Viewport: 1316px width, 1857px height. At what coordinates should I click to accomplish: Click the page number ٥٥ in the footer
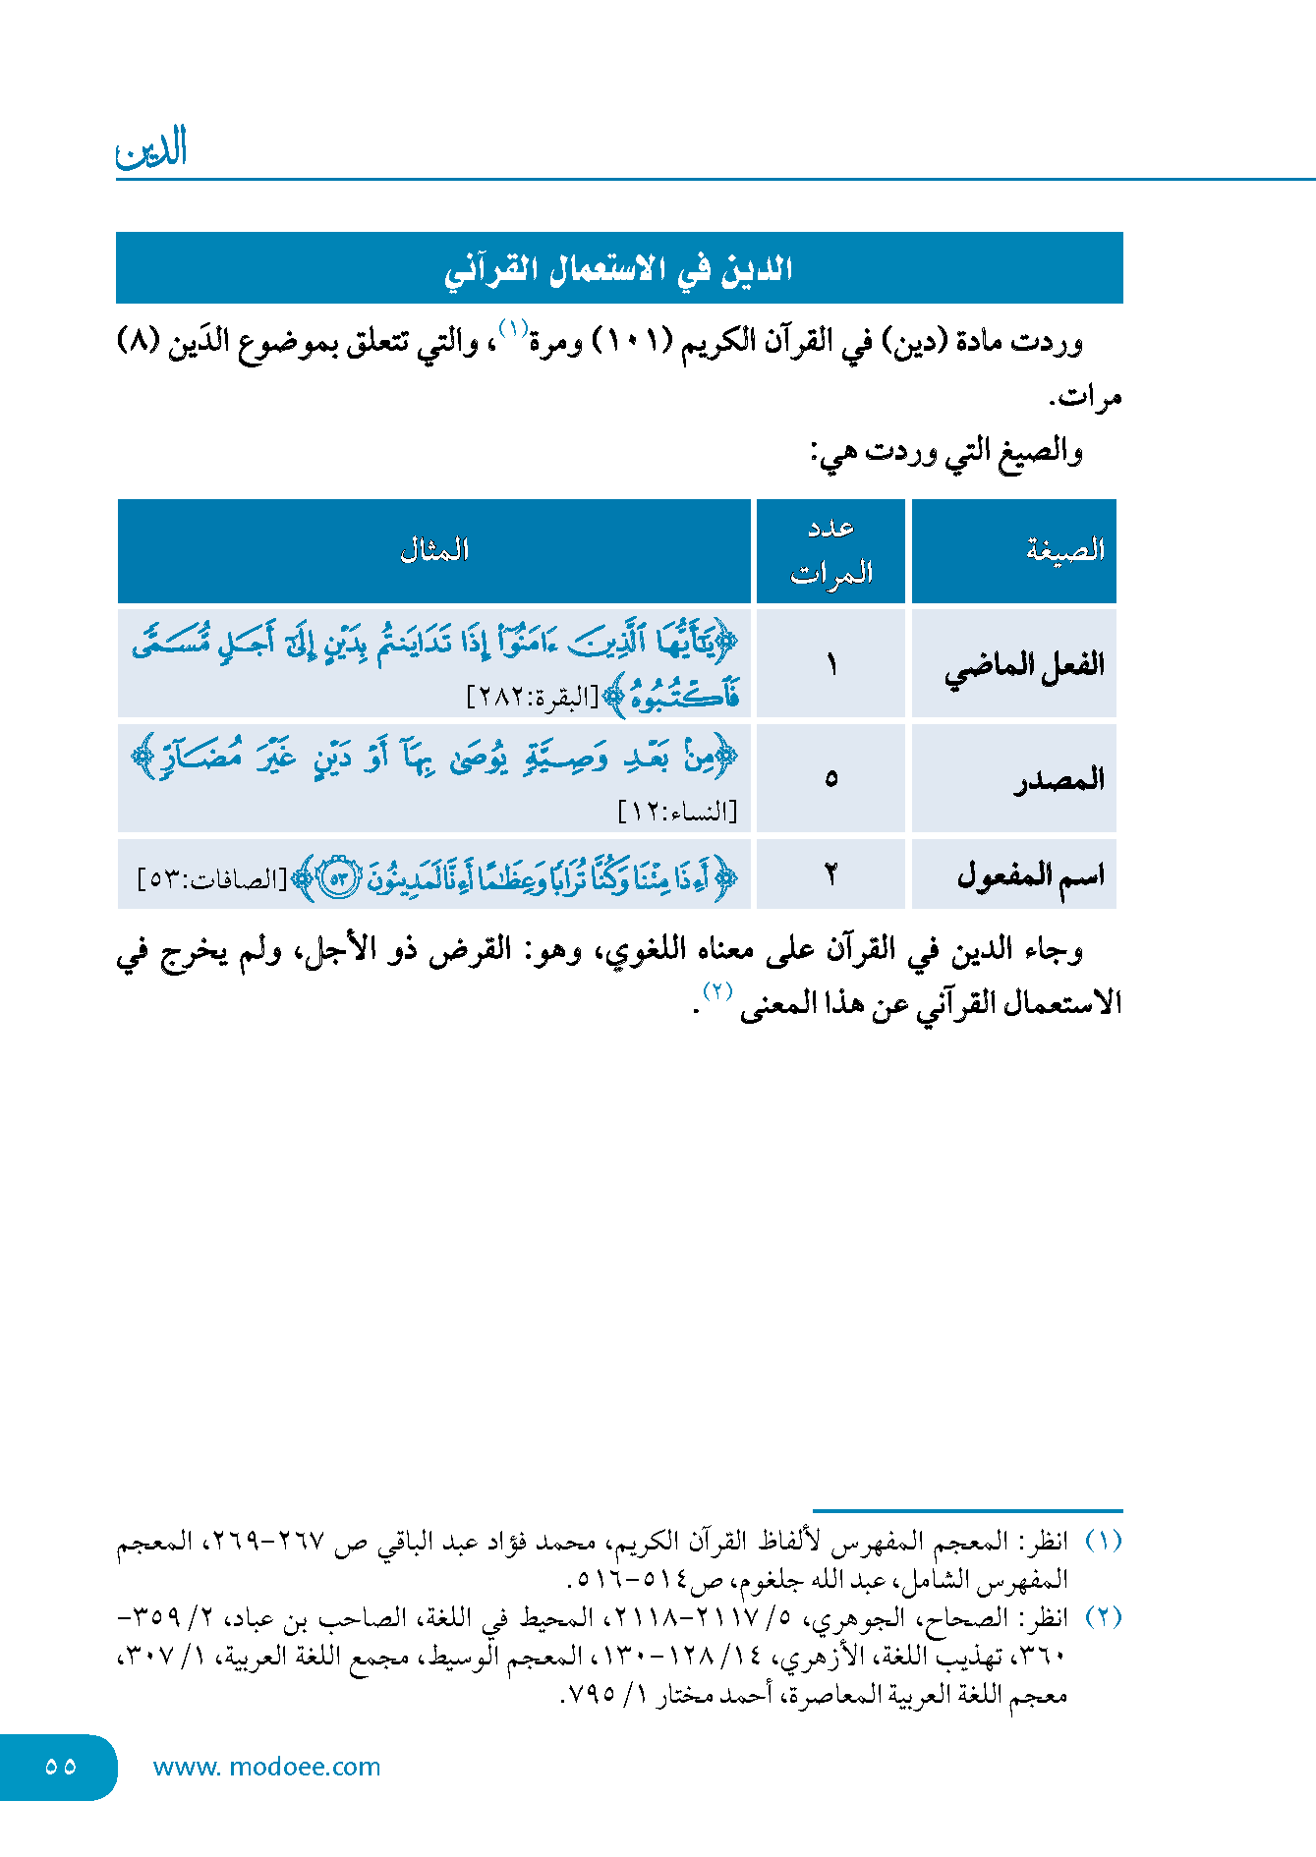[x=60, y=1766]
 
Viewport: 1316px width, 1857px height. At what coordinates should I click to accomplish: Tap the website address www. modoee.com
[x=266, y=1767]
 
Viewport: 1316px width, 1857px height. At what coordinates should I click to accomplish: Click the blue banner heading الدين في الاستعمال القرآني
[x=618, y=268]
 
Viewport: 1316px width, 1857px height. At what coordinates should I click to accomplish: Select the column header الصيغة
[x=1065, y=550]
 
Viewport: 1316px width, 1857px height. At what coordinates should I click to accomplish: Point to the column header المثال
[x=434, y=550]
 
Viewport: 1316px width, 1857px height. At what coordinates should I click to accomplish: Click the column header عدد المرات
[x=831, y=550]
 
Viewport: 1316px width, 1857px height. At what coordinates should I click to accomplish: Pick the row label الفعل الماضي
[x=1024, y=665]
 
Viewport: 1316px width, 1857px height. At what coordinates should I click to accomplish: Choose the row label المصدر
[x=1059, y=779]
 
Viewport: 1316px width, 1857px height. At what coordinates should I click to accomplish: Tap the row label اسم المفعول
[x=1030, y=873]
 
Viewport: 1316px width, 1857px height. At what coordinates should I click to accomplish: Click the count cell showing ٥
[x=831, y=779]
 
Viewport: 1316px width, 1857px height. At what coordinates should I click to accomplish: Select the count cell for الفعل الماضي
[x=831, y=665]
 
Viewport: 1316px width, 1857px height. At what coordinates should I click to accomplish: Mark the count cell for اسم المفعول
[x=831, y=873]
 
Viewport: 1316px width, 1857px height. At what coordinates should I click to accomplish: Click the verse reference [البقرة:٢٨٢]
[x=532, y=698]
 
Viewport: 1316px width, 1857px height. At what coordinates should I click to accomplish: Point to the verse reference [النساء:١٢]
[x=677, y=812]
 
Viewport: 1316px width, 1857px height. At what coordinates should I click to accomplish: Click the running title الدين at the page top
[x=151, y=150]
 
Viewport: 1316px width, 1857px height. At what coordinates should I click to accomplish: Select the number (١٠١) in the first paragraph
[x=631, y=342]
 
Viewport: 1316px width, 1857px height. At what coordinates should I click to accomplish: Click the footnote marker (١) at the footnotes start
[x=1103, y=1540]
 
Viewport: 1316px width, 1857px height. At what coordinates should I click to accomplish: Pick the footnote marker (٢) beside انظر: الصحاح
[x=1103, y=1616]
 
